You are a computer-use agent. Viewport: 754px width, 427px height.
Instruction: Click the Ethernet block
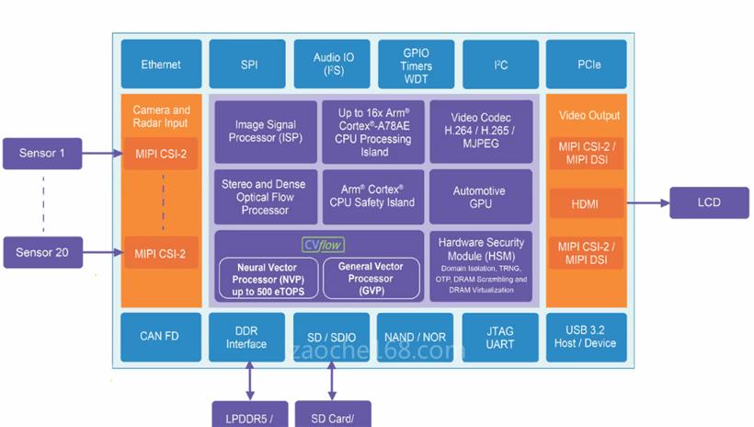[161, 64]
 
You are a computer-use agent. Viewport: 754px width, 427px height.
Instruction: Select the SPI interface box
[249, 64]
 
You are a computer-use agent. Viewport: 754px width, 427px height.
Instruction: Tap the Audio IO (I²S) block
[333, 64]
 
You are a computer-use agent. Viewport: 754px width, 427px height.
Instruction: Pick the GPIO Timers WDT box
[415, 64]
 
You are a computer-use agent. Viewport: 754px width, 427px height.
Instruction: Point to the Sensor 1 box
[42, 153]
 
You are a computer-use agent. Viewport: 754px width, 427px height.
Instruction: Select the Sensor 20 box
[42, 251]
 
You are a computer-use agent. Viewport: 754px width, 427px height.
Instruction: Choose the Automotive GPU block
[481, 197]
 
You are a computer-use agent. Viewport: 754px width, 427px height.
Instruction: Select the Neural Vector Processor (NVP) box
[268, 279]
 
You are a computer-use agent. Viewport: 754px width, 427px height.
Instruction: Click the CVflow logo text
[322, 245]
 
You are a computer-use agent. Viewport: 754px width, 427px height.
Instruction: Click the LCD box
[709, 202]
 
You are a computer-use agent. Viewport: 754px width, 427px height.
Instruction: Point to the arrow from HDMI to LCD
[647, 202]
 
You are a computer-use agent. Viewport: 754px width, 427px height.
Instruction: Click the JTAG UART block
[500, 337]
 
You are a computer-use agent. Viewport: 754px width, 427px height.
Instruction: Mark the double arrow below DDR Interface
[249, 380]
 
